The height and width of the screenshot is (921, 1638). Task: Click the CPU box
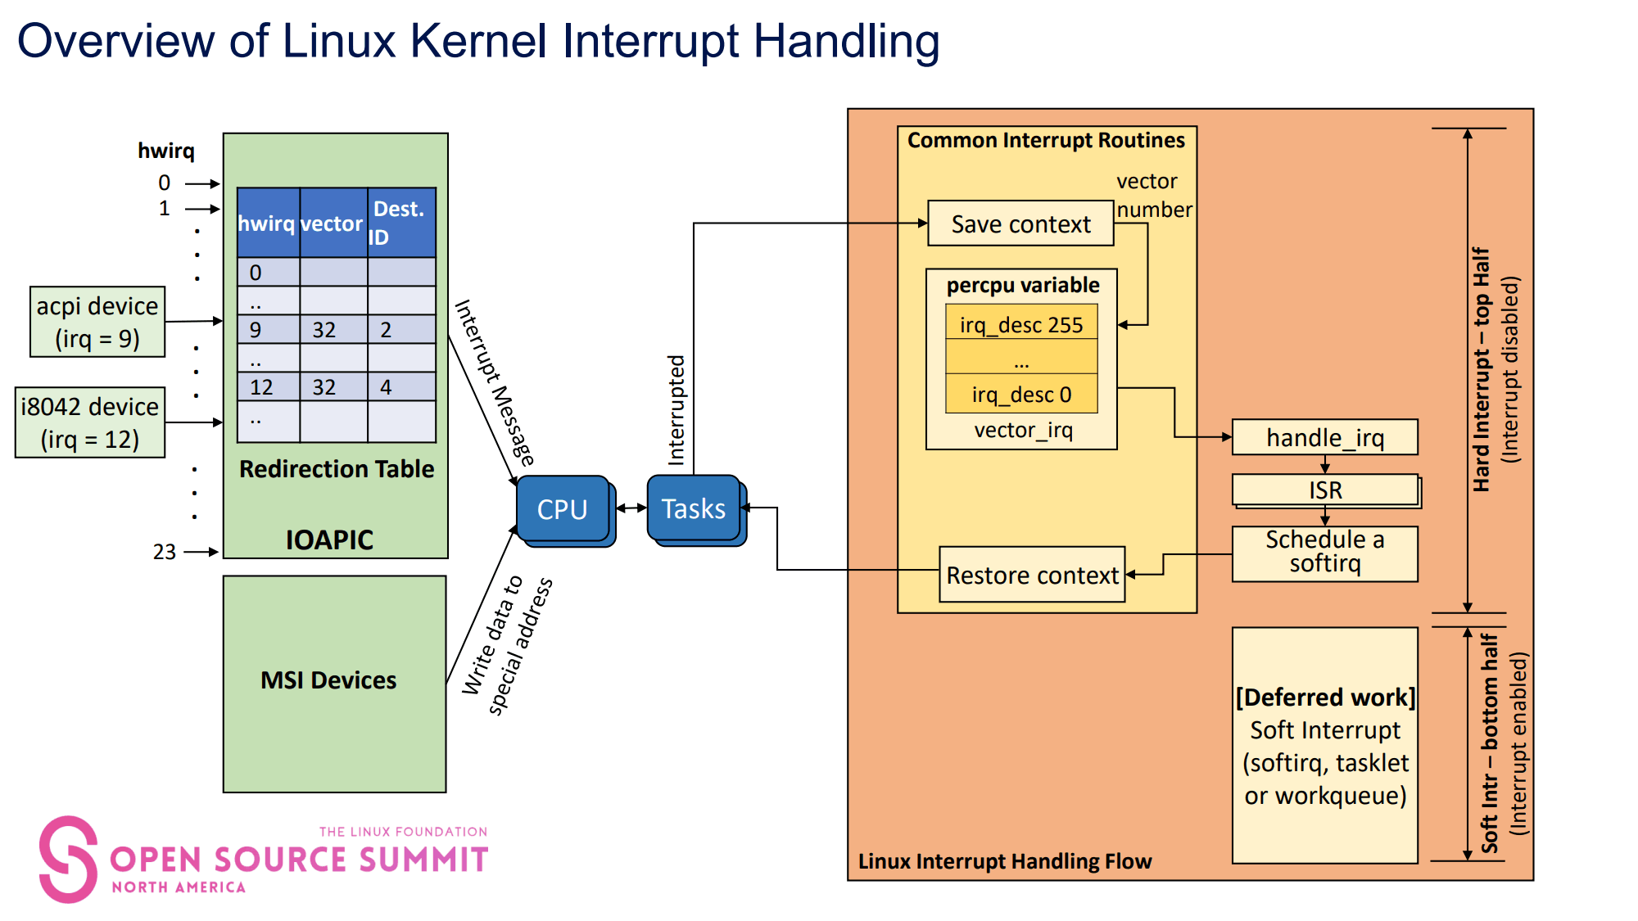(563, 509)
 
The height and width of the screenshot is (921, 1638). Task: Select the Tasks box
(694, 509)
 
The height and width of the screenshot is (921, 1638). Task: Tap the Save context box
(1020, 223)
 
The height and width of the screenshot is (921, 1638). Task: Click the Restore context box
(1032, 575)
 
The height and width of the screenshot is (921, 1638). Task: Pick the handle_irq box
(1324, 438)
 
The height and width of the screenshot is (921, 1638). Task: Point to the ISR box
(1324, 490)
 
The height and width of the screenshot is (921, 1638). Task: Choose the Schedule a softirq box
(1324, 553)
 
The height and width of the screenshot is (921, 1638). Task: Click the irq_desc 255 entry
(1021, 325)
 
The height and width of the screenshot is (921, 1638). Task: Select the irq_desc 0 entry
(1021, 395)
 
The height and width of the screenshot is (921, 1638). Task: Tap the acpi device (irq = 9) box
(97, 322)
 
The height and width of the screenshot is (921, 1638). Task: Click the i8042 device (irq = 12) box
(90, 422)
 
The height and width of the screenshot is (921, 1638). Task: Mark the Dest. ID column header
(400, 223)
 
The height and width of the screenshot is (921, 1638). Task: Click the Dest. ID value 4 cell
(400, 387)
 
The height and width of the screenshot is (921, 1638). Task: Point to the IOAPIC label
(329, 540)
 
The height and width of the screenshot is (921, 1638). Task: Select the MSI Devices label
(328, 680)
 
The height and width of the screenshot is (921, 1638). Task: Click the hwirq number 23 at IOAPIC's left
(165, 552)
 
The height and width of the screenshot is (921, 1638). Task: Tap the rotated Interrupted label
(676, 410)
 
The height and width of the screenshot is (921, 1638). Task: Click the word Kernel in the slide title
(478, 40)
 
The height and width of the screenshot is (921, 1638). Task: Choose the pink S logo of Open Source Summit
(67, 859)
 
